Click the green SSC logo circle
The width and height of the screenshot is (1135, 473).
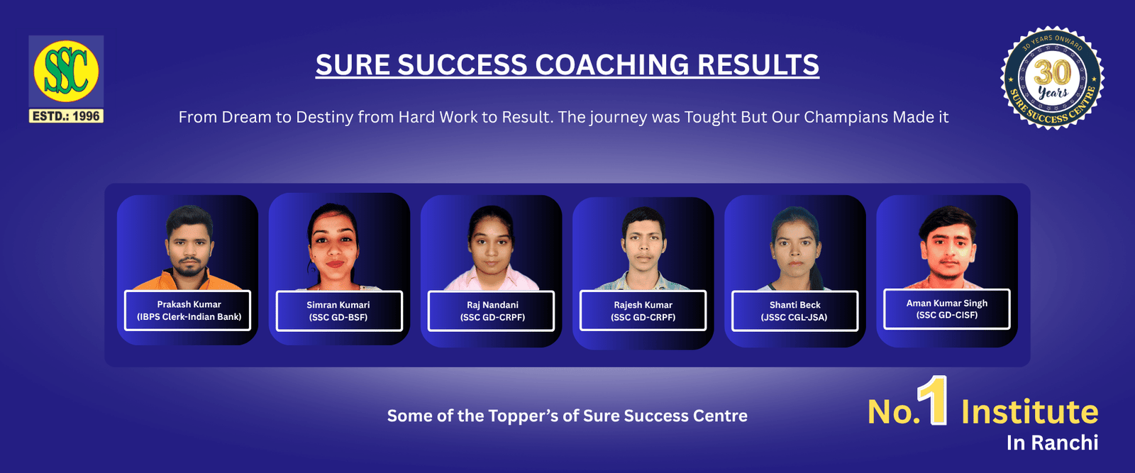(x=66, y=71)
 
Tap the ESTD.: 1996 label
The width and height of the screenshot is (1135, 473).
(x=66, y=116)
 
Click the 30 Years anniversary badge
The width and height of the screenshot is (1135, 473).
(x=1053, y=78)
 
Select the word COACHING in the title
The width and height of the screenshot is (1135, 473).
(x=611, y=65)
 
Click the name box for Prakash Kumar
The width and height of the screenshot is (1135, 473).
(x=187, y=311)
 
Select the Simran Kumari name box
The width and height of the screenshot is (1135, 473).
(x=339, y=311)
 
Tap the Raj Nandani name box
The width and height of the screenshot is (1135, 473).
(x=491, y=311)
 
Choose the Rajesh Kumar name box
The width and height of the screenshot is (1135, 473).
(x=643, y=311)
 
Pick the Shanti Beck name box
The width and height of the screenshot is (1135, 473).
(x=795, y=311)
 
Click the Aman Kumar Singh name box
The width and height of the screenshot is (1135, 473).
(x=946, y=309)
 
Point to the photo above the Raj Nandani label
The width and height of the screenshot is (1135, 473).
(x=491, y=248)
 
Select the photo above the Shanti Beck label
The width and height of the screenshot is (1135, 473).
(x=794, y=248)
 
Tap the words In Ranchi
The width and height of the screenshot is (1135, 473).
(x=1053, y=443)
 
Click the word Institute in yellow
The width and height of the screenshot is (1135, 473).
(x=1029, y=411)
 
